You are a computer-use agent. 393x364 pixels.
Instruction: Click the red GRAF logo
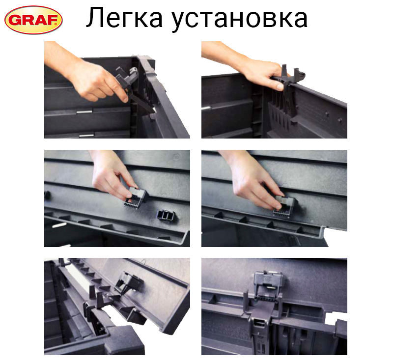(x=33, y=20)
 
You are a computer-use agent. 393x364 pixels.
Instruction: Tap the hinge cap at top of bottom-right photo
(x=271, y=278)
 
